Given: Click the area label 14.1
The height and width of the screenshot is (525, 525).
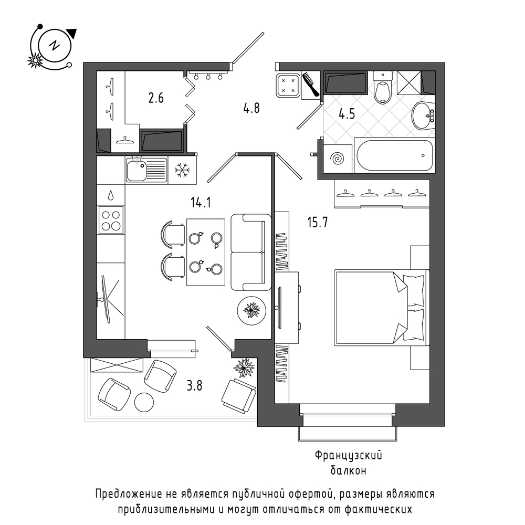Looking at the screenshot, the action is coord(201,203).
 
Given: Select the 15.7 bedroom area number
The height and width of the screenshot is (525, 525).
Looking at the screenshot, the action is coord(318,222).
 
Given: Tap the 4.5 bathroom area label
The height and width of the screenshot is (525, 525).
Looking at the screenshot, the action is coord(346,114).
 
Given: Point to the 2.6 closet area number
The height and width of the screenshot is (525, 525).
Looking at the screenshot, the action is coord(156,98).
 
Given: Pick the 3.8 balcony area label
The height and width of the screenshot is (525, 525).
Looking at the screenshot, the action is coord(194,386).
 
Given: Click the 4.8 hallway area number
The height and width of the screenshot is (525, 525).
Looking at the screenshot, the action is coord(251,108).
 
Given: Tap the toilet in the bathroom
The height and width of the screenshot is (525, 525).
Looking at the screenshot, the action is coord(383,87).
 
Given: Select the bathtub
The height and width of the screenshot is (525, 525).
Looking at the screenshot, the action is coord(394,155).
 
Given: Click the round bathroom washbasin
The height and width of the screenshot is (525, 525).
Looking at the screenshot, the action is coord(422,115).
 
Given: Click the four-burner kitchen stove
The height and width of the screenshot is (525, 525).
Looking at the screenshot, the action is coord(111,220).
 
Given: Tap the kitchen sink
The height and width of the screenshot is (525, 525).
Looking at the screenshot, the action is coord(146,170).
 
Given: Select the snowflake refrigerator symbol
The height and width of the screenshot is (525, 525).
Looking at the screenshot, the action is coord(183,170).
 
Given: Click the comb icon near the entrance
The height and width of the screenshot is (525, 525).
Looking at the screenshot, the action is coord(311,85).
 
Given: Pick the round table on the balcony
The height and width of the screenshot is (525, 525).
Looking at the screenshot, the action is coord(144,402).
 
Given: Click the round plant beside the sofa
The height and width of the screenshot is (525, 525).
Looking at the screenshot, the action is coord(251,310).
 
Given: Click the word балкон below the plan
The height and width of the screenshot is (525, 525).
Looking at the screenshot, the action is coord(348,471).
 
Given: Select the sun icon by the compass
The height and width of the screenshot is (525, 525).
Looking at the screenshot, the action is coord(35,60).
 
